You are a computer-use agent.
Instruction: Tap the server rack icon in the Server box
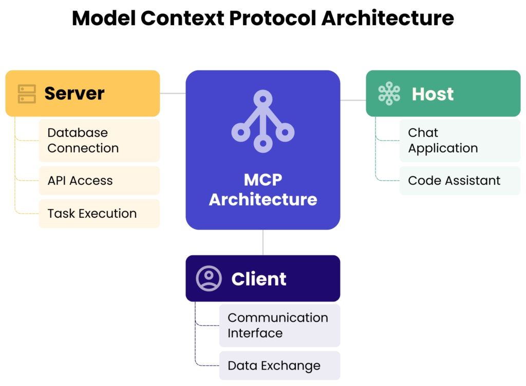click(27, 94)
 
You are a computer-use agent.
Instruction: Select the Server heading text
click(74, 94)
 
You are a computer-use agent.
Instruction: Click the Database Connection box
click(99, 141)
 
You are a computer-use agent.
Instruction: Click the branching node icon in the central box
click(262, 121)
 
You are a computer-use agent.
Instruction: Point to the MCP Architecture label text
click(262, 189)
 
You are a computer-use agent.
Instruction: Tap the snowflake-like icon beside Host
click(389, 94)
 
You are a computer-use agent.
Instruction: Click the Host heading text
click(433, 94)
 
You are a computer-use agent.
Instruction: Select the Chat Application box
click(459, 141)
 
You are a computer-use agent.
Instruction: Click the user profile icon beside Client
click(209, 278)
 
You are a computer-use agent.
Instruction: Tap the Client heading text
click(258, 279)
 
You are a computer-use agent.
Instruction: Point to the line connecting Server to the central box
click(173, 94)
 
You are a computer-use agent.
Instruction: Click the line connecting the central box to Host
click(353, 100)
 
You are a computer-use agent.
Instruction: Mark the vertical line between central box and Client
click(263, 242)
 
